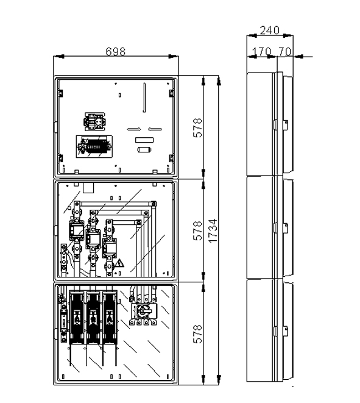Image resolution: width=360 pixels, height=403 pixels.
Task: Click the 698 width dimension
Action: click(x=116, y=51)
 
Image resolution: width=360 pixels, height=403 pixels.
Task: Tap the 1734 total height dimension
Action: click(x=213, y=230)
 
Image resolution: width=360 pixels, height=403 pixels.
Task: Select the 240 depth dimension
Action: click(x=269, y=30)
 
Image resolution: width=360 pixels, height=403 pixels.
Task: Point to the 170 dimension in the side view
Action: click(x=261, y=51)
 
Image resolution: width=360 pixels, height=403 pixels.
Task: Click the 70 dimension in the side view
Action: click(x=284, y=51)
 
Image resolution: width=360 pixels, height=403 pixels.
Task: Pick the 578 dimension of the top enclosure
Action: click(x=198, y=128)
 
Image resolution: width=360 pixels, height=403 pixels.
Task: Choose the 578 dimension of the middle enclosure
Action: click(x=198, y=230)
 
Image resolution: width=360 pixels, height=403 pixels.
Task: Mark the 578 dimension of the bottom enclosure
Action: click(x=198, y=334)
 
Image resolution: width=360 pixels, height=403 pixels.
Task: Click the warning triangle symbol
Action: click(x=119, y=263)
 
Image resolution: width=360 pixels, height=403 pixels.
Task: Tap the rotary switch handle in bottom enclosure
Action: click(x=144, y=311)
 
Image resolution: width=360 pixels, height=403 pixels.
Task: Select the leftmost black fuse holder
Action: click(x=77, y=317)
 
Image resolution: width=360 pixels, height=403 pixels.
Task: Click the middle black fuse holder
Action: click(x=93, y=317)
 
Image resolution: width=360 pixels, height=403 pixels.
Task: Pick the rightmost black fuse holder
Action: click(x=110, y=317)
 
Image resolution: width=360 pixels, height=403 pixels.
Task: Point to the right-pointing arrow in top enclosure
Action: click(x=134, y=129)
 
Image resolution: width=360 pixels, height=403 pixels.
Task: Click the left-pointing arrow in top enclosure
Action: click(x=155, y=129)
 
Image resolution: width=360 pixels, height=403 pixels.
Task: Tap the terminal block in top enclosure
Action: click(x=94, y=146)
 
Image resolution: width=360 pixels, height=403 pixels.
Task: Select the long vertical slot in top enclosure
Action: click(x=144, y=98)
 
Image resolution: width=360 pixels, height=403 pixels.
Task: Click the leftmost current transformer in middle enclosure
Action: click(x=76, y=230)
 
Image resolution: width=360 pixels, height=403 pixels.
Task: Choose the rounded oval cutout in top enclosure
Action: click(x=144, y=149)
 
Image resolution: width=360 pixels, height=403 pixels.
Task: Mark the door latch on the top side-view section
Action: click(x=286, y=125)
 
